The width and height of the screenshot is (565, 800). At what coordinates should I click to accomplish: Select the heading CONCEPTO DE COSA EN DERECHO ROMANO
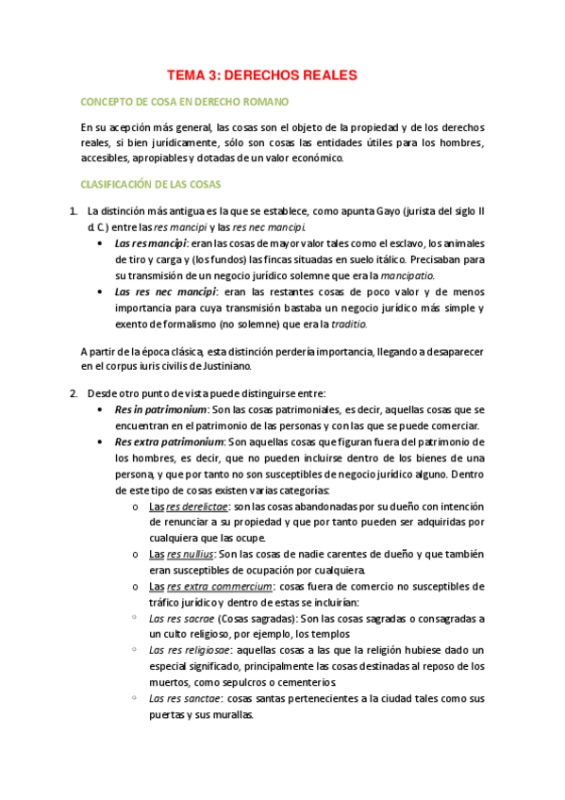coord(186,101)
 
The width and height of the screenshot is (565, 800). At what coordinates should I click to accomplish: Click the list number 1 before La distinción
coord(74,210)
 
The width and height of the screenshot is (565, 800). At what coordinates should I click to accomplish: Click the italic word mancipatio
coord(407,275)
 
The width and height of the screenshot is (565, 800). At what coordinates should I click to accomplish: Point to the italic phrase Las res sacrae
coord(182,619)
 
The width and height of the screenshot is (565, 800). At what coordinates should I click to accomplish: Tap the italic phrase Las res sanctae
coord(185,698)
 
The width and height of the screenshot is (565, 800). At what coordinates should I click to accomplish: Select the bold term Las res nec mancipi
coord(165,292)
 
